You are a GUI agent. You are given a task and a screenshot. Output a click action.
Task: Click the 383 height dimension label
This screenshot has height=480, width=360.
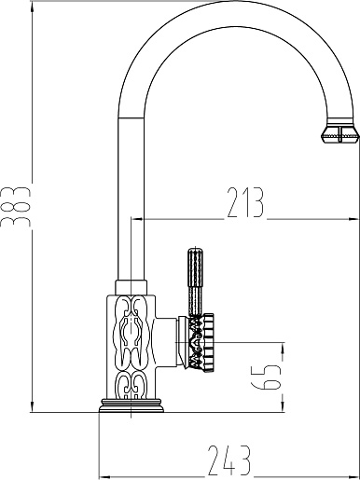(16, 207)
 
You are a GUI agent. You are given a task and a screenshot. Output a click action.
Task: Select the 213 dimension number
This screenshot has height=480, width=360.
(245, 202)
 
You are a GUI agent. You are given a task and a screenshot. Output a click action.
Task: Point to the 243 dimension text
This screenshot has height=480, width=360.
(228, 460)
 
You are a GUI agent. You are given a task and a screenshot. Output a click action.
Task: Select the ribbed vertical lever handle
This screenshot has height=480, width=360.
(195, 281)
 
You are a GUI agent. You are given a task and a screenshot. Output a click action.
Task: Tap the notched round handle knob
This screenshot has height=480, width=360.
(201, 342)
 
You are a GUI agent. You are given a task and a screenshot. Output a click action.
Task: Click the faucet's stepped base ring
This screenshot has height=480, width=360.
(132, 406)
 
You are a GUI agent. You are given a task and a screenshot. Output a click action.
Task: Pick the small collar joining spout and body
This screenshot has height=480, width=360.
(132, 286)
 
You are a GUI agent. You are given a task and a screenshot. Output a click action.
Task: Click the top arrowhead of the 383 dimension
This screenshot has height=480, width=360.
(33, 7)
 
